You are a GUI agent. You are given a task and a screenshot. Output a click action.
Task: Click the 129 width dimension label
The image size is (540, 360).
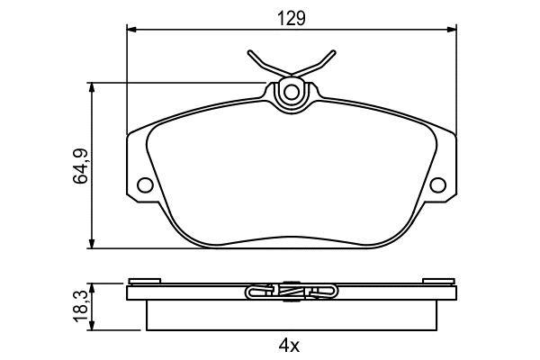[x=292, y=19]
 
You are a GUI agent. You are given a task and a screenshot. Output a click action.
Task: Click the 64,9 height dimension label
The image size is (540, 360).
[x=81, y=166]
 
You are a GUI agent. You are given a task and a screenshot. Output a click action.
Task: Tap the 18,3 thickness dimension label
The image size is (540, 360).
[x=81, y=307]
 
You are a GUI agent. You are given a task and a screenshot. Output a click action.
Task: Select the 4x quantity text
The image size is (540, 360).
[x=289, y=346]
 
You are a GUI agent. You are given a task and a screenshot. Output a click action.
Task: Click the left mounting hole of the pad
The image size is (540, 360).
[x=145, y=185]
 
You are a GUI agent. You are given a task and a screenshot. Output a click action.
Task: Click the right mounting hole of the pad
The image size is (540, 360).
[x=438, y=185]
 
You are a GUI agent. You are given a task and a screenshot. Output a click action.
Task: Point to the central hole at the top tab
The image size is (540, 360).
[x=292, y=92]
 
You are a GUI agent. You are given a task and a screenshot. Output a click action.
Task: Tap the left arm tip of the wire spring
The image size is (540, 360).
[x=250, y=52]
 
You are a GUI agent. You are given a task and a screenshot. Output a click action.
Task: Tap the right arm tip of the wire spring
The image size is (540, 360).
[x=333, y=52]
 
